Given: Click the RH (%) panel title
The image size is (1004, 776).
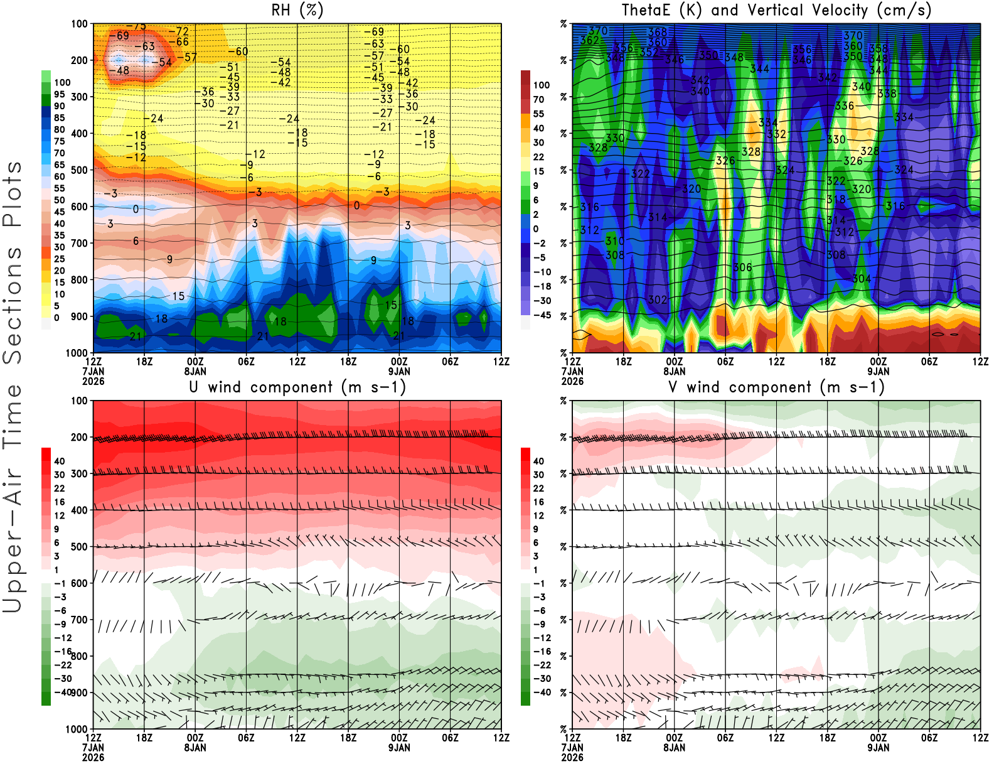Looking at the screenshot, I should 297,10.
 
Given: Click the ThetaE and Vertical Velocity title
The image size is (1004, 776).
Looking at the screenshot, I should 776,10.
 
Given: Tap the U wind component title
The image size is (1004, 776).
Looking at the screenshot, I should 297,387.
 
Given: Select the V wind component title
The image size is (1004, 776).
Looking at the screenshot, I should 776,387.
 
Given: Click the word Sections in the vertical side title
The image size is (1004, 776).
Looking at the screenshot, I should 13,306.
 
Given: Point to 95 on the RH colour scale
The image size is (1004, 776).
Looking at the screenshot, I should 59,94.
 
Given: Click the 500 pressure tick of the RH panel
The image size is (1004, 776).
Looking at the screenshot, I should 80,170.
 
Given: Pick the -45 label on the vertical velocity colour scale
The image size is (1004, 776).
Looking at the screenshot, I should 542,315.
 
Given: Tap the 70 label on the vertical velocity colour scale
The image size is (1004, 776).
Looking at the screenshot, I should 538,99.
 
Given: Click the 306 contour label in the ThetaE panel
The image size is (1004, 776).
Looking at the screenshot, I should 742,267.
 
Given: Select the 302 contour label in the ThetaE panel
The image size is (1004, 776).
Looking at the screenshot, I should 657,299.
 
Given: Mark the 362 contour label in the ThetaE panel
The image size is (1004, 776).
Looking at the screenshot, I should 590,40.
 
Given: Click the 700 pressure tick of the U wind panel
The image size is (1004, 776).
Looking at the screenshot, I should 80,620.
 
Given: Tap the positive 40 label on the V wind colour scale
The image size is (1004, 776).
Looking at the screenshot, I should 538,461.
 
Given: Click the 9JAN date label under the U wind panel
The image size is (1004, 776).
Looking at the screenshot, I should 399,748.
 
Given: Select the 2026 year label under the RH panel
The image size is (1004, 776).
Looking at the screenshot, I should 93,381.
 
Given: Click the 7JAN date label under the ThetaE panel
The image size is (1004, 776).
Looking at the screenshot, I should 572,371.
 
